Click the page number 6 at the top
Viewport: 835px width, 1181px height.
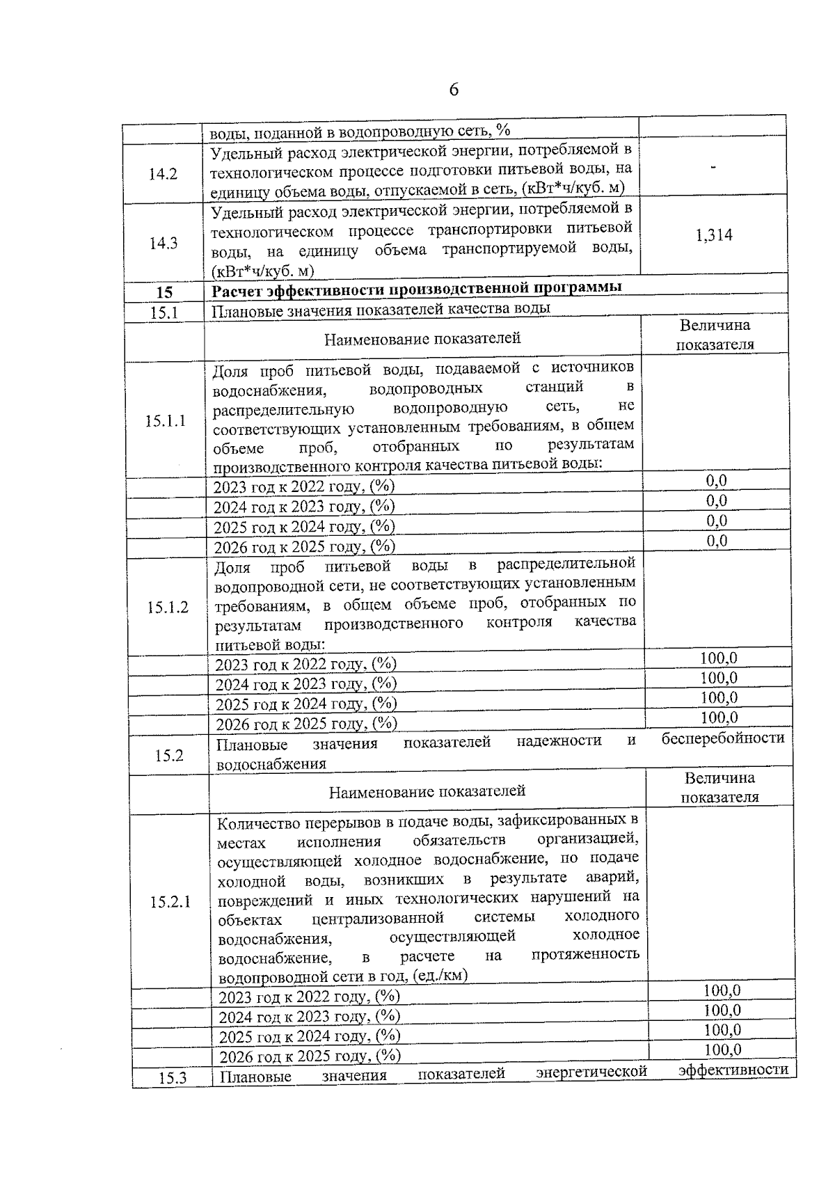[454, 90]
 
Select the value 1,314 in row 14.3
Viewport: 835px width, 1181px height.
[714, 235]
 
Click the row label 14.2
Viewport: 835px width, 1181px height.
[163, 174]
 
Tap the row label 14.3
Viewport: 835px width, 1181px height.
[163, 243]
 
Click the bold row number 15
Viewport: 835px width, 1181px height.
[164, 293]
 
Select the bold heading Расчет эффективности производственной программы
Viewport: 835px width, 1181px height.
[417, 288]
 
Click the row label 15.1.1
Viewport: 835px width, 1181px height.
[166, 421]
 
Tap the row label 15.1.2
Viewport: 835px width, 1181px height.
[168, 608]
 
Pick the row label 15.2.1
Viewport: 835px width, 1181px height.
[170, 903]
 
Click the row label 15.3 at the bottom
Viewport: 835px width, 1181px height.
[172, 1079]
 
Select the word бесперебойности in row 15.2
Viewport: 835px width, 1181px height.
[722, 738]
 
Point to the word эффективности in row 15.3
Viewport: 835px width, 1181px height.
[733, 1070]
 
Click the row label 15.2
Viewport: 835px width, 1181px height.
[169, 756]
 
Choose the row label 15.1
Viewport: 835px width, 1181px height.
[164, 313]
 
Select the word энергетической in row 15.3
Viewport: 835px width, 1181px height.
[592, 1072]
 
